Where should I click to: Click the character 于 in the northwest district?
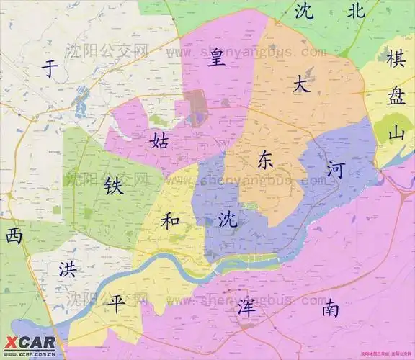(50, 69)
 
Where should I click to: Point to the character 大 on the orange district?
(301, 84)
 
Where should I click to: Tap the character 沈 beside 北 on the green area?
(304, 10)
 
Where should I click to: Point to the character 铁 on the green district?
(113, 185)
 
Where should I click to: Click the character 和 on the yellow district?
(170, 220)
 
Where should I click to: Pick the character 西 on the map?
(14, 235)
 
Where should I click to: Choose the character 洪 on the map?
(67, 270)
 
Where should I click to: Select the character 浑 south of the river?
(246, 307)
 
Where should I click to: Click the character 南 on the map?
(331, 309)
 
